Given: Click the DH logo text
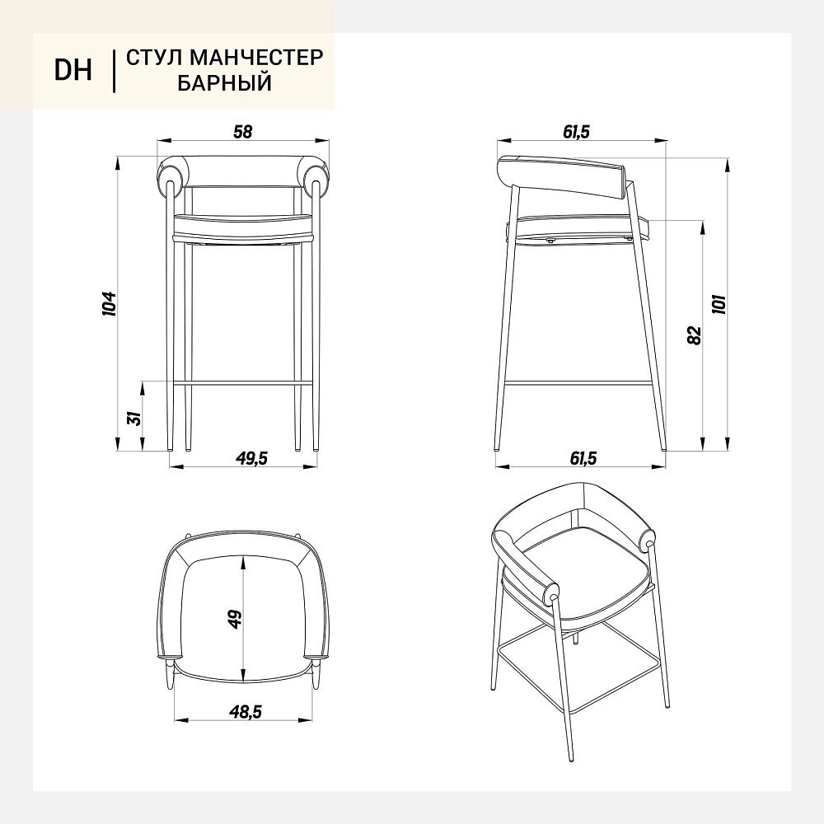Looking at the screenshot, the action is (x=73, y=70).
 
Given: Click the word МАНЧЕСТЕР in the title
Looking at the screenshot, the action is (x=256, y=58).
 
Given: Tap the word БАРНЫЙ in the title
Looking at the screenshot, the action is (x=224, y=83).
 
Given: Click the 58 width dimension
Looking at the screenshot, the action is (x=243, y=131).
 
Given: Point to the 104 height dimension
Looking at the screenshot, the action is (x=109, y=303).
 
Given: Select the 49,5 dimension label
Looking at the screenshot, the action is (x=251, y=458).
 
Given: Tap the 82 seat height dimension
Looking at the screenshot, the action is (x=694, y=335).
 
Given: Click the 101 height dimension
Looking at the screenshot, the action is (x=719, y=304).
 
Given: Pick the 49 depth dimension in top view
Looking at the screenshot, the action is (x=234, y=619).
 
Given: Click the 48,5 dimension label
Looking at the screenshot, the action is (x=245, y=712).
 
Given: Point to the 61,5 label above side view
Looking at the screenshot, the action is (x=577, y=132).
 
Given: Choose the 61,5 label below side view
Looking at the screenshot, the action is (x=583, y=458).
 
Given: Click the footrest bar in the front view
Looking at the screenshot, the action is (x=243, y=383).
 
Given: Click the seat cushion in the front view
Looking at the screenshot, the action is (x=243, y=226).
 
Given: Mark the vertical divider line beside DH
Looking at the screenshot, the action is (x=114, y=72).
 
